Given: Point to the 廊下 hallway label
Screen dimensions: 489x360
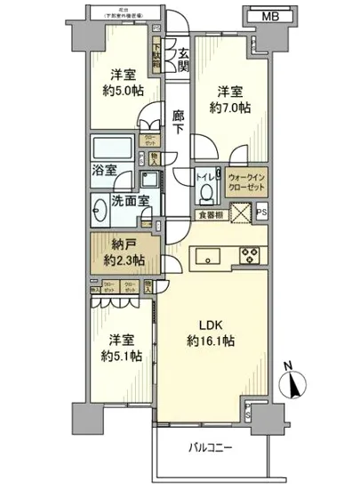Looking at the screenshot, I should (x=180, y=121).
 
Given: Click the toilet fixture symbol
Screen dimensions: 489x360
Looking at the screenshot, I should (x=207, y=188).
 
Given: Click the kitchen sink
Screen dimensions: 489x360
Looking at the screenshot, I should (x=211, y=256).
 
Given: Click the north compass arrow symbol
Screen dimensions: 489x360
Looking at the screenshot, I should (x=294, y=387).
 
